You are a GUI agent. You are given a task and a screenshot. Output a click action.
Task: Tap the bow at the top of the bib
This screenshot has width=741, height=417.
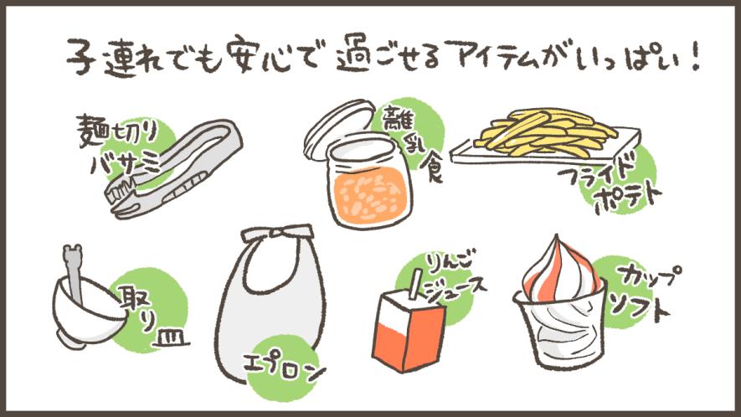click(x=276, y=233)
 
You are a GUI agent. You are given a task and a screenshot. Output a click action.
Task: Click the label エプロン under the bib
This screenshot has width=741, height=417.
click(x=284, y=368)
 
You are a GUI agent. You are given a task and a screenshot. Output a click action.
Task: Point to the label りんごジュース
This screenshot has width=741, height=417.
click(x=455, y=279)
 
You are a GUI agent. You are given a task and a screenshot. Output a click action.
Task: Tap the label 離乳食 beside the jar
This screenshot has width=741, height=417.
click(x=415, y=142)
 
